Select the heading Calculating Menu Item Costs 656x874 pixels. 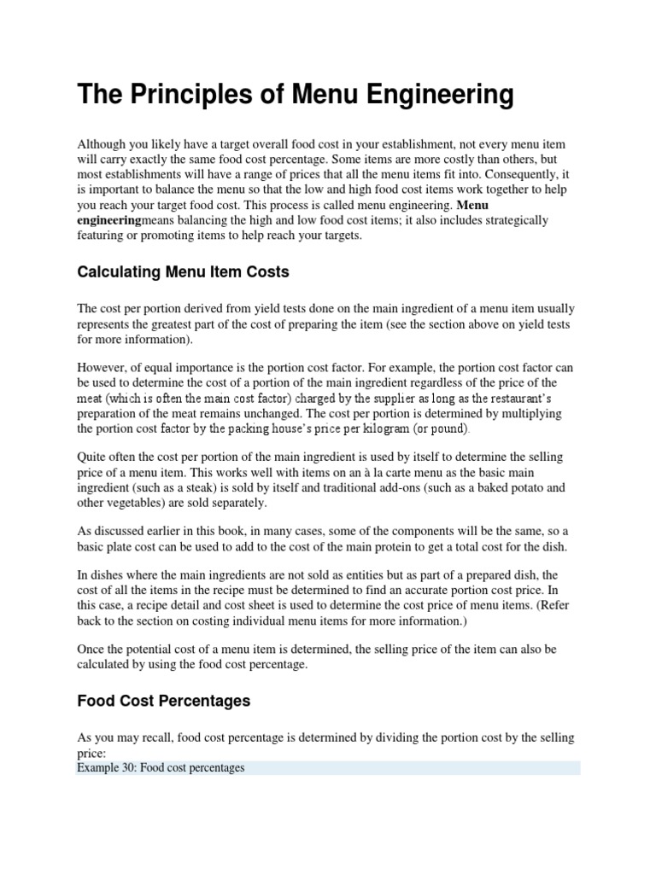[183, 272]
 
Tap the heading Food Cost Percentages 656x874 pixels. [163, 701]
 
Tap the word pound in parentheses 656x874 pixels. [449, 428]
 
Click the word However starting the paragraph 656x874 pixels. [102, 367]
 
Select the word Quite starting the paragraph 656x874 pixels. [93, 457]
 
